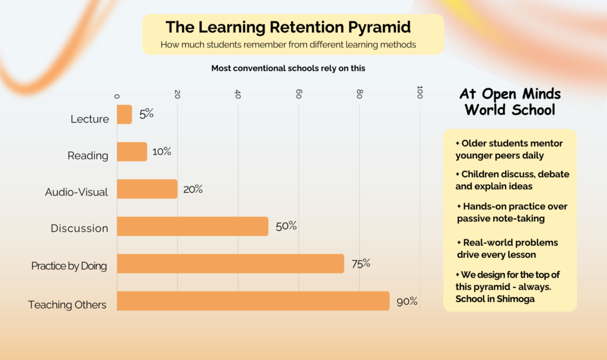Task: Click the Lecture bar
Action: [x=124, y=114]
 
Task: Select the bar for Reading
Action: [x=132, y=151]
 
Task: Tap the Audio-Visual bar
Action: [x=147, y=189]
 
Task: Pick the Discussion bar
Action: [x=193, y=227]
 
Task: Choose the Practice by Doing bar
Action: [x=231, y=263]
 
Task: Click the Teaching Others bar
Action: [x=253, y=301]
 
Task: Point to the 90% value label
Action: [x=407, y=301]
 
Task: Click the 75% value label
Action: [x=361, y=264]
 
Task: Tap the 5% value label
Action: [x=146, y=113]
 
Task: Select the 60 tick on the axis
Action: [x=299, y=94]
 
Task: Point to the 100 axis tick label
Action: [x=420, y=93]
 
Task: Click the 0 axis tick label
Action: [x=117, y=96]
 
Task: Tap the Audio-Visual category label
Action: [x=76, y=192]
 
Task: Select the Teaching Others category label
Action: [x=67, y=305]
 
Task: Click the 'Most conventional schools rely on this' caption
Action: [x=288, y=68]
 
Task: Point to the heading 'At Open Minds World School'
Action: [x=510, y=101]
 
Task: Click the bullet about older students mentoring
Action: [x=509, y=149]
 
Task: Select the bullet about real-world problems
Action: [x=507, y=249]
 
